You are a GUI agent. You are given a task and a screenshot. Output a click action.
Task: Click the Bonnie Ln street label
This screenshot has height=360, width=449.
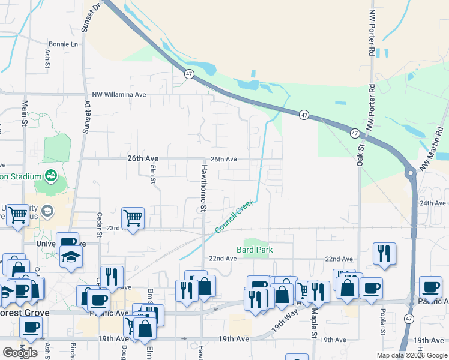click(64, 44)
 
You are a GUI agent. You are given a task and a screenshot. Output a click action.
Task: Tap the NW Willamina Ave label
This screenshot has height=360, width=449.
click(119, 95)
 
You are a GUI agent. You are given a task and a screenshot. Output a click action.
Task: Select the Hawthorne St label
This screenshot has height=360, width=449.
click(204, 188)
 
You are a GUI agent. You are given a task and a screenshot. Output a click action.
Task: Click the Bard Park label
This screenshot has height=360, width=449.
click(255, 249)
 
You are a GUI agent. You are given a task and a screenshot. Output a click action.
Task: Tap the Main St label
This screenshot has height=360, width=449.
click(25, 110)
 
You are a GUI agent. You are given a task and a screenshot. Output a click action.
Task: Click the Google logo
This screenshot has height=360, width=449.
click(20, 353)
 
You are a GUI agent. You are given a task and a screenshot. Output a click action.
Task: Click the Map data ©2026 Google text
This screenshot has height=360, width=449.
click(411, 355)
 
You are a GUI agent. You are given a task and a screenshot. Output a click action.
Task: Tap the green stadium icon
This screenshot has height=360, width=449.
click(51, 176)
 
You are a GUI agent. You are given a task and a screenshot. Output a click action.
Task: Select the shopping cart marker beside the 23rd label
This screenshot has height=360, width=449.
click(132, 218)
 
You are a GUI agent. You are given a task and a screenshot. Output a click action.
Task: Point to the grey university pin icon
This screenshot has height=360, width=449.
click(47, 211)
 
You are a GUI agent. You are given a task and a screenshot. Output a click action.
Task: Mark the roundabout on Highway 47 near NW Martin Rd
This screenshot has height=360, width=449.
click(411, 173)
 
